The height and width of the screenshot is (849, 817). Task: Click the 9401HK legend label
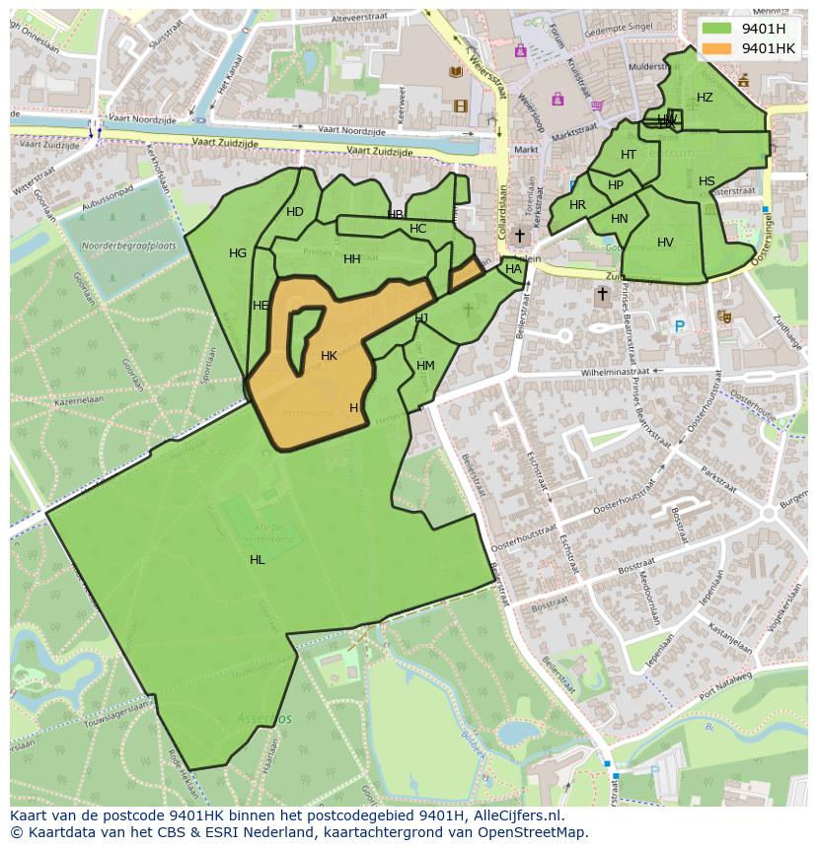tap(768, 48)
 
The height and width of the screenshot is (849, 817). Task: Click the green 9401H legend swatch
tap(718, 29)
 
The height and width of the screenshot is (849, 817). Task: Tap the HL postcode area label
tap(258, 560)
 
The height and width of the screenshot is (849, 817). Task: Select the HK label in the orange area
tap(330, 356)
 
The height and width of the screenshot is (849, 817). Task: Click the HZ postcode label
tap(705, 98)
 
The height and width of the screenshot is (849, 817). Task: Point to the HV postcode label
tap(665, 243)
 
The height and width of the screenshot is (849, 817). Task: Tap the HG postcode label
tap(238, 253)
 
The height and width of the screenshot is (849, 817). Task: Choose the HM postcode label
tap(425, 366)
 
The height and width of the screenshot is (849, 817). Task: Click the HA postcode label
tap(513, 269)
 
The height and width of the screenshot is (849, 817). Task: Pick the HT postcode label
tap(629, 155)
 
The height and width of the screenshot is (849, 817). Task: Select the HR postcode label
tap(577, 205)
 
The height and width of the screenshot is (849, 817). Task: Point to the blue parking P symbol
tap(679, 326)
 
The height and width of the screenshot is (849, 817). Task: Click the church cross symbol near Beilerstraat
tap(602, 294)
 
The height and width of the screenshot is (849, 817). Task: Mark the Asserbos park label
tap(263, 719)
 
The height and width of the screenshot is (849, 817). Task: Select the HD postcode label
tap(295, 212)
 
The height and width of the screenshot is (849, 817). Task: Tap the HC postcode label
tap(417, 229)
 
